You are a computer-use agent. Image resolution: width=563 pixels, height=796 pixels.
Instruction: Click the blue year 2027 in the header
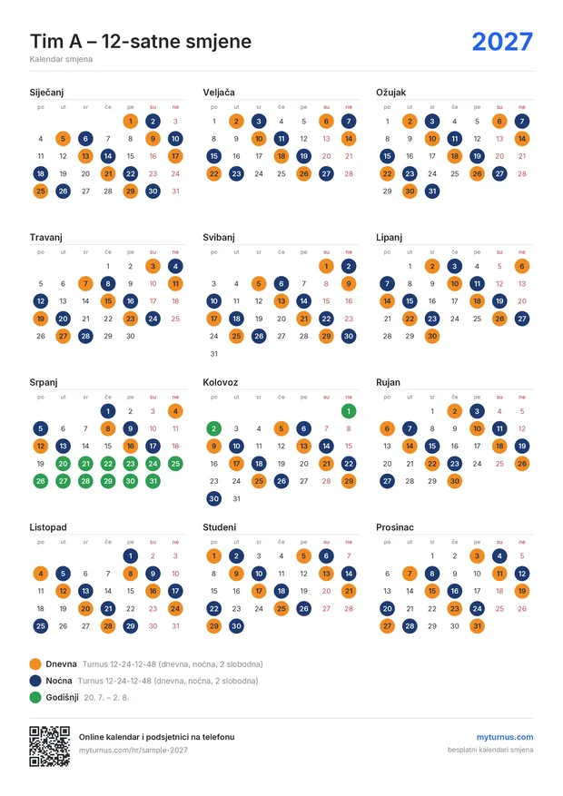pos(502,42)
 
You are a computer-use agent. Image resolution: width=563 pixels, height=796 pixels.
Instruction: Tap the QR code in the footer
pos(50,746)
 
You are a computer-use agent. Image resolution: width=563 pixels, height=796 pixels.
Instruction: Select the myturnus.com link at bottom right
pos(505,737)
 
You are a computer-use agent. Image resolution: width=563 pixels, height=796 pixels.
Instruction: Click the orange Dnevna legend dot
pos(35,664)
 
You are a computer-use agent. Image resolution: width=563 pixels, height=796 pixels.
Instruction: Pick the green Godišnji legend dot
pos(35,697)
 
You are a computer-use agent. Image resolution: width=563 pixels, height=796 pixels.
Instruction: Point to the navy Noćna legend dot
pos(35,681)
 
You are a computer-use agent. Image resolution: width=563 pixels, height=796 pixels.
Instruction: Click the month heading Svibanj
pos(219,237)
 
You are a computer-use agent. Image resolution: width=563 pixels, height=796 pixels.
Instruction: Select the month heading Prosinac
pos(395,527)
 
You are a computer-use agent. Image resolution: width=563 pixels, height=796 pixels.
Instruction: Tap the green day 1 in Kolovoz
pos(349,411)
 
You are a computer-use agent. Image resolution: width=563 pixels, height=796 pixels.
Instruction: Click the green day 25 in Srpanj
pos(175,464)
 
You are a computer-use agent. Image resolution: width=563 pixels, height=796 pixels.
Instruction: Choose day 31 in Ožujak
pos(432,192)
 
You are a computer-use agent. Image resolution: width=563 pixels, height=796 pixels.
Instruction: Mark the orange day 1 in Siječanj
pos(131,122)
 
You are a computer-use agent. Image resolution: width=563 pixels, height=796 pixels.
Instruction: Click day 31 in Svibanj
pos(213,354)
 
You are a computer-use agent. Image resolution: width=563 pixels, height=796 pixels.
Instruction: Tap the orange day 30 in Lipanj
pos(432,336)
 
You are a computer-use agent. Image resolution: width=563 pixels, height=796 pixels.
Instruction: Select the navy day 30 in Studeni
pos(236,626)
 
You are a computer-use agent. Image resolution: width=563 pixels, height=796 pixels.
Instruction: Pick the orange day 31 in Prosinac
pos(477,626)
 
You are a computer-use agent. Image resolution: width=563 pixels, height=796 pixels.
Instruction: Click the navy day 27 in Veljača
pos(326,173)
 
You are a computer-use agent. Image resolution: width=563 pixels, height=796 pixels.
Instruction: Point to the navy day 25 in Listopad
pos(41,626)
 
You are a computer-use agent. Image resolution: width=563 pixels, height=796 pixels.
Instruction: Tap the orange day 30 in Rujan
pos(454,481)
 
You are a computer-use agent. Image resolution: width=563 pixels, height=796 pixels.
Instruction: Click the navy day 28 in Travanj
pos(85,336)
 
